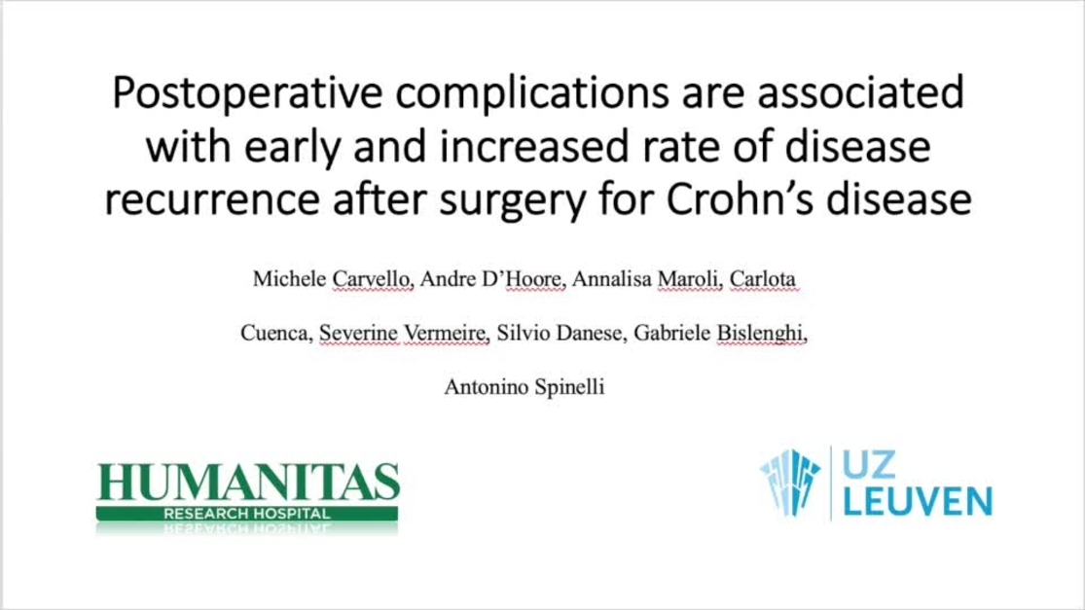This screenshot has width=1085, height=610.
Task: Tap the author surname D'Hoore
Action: tap(525, 280)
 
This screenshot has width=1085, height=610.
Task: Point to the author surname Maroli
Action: tap(682, 280)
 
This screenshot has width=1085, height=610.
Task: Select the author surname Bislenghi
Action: tap(763, 334)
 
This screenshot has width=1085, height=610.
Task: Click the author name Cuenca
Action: tap(275, 334)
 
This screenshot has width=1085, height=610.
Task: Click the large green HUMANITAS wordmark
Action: tap(248, 484)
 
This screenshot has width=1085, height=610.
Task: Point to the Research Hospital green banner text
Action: tap(247, 513)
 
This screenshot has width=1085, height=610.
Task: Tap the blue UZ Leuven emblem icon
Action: tap(789, 481)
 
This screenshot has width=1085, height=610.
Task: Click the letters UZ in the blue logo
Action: tap(870, 466)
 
